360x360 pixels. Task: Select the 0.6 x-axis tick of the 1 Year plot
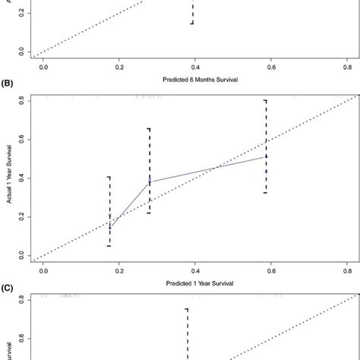click(270, 270)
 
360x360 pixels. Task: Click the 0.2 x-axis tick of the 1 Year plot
click(119, 270)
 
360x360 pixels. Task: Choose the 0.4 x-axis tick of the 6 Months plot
click(194, 66)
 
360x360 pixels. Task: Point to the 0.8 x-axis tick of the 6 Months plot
click(346, 66)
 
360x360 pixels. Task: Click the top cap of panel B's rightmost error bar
click(265, 100)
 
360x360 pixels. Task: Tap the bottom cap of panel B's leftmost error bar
click(109, 246)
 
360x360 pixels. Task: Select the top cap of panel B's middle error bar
click(149, 128)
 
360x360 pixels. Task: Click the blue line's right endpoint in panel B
click(265, 156)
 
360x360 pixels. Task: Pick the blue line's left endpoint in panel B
click(109, 228)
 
